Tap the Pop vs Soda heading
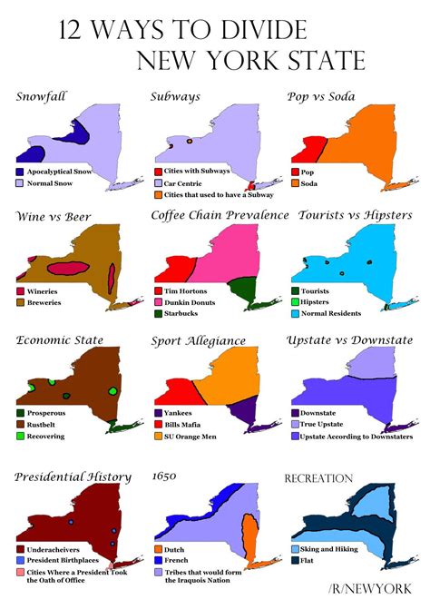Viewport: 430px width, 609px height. click(x=320, y=95)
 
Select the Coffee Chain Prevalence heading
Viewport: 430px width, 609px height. click(x=220, y=216)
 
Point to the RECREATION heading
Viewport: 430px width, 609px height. click(x=318, y=477)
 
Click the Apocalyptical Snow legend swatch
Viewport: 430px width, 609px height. click(x=20, y=171)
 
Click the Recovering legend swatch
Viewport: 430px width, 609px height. click(x=20, y=436)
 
